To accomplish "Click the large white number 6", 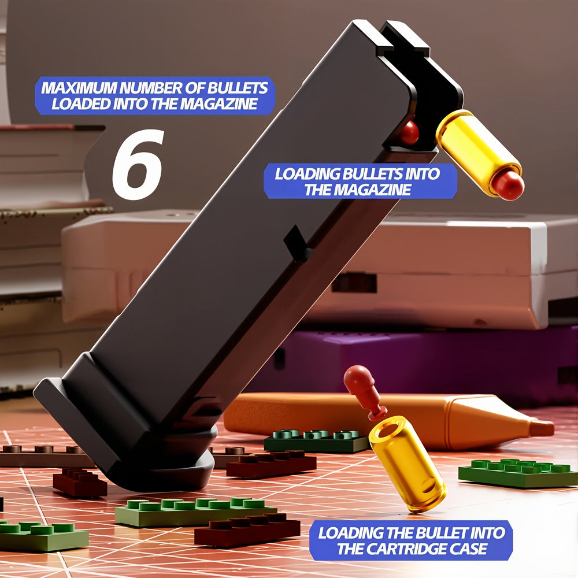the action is click(138, 164).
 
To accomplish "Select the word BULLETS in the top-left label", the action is click(238, 88).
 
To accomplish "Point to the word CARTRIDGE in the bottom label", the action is click(414, 549).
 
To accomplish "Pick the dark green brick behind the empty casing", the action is click(316, 440).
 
